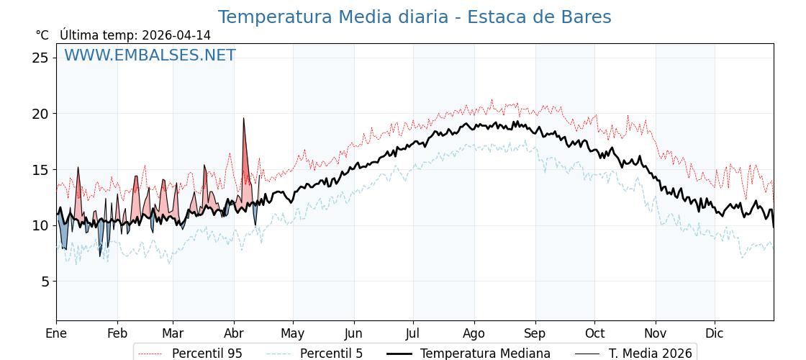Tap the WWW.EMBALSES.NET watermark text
[x=150, y=55]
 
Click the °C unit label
[x=42, y=35]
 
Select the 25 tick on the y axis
[x=40, y=58]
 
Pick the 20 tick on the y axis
[x=40, y=114]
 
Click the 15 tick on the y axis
[x=40, y=170]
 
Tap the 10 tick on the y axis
[x=40, y=225]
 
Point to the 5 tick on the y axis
[x=45, y=282]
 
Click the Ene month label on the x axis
[x=56, y=334]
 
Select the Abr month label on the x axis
[x=234, y=334]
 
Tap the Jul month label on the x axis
[x=413, y=334]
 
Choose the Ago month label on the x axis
[x=474, y=334]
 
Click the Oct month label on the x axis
[x=594, y=334]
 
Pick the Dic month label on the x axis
[x=715, y=334]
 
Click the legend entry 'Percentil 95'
[x=207, y=354]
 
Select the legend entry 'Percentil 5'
[x=331, y=354]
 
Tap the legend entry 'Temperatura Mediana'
[x=485, y=354]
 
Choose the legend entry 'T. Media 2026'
[x=650, y=354]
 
